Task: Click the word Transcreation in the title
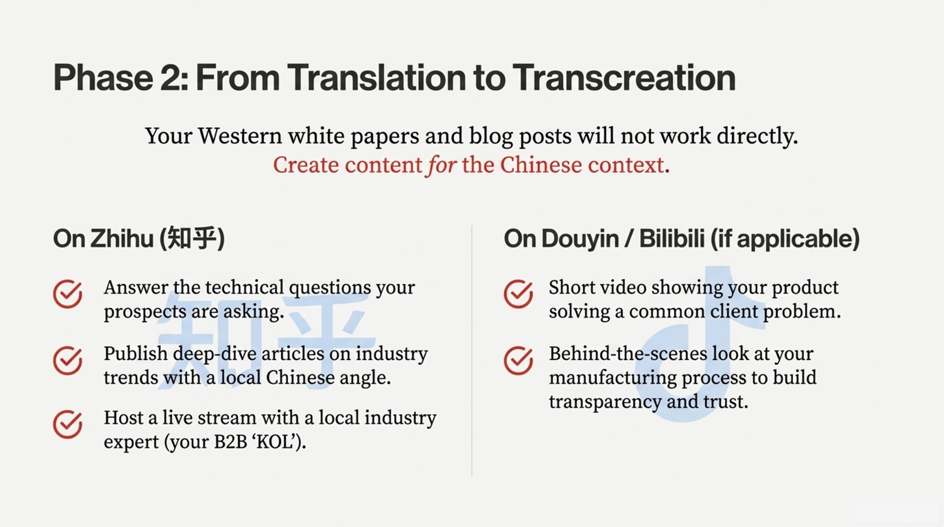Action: [x=624, y=78]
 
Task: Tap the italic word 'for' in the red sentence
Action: [x=441, y=166]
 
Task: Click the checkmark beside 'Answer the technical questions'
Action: [x=68, y=294]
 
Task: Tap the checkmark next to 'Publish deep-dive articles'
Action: [x=68, y=360]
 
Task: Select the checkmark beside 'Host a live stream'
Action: [x=68, y=424]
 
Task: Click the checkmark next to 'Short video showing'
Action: [x=519, y=294]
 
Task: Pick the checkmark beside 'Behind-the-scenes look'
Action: [x=519, y=360]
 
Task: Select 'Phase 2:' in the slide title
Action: [x=120, y=78]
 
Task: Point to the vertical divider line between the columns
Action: [x=472, y=350]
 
